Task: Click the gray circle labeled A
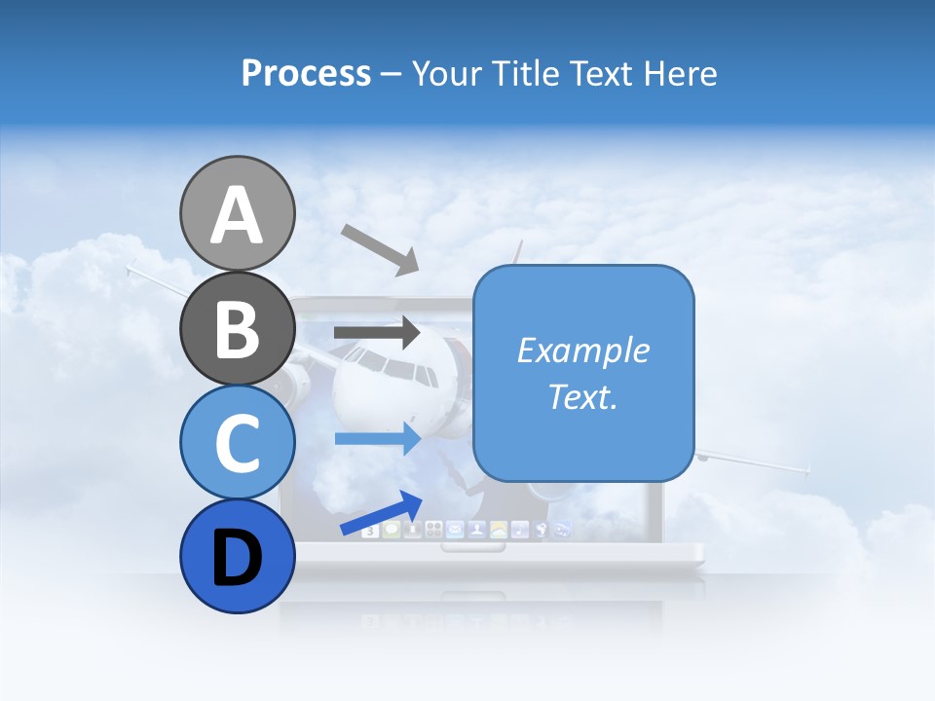point(238,213)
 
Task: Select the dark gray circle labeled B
point(238,328)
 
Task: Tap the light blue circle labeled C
point(238,442)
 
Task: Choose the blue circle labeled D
point(238,557)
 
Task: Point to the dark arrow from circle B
point(377,333)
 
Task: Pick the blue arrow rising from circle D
point(382,513)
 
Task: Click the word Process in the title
point(306,73)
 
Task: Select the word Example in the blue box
point(582,350)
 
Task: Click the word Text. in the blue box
point(582,396)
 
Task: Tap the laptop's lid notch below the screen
point(473,547)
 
